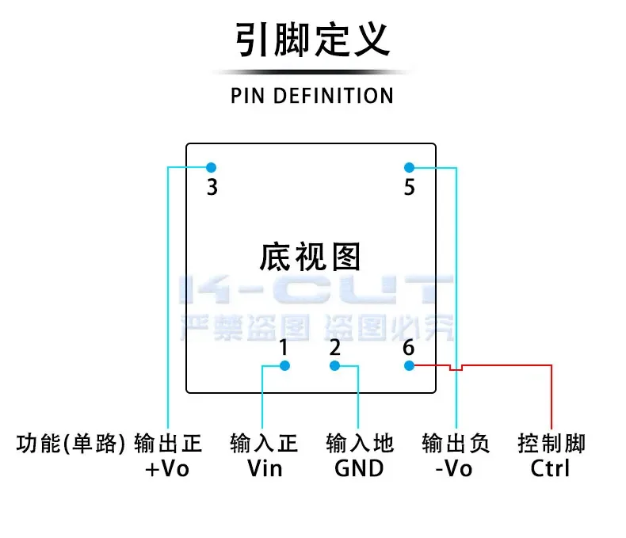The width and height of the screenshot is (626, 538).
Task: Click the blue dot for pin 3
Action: point(211,167)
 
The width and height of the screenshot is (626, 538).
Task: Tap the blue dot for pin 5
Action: point(409,167)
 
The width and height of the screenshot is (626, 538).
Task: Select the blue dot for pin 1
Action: point(285,365)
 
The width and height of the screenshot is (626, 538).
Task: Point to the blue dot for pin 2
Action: point(334,365)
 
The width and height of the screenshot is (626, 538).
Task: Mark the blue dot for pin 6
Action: point(409,365)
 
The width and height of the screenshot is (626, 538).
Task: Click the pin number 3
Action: point(212,189)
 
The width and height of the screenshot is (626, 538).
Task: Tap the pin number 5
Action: point(410,189)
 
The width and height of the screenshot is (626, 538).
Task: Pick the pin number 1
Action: point(284,347)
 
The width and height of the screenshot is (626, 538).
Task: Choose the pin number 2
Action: point(334,347)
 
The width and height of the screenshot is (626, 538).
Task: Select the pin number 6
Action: point(409,347)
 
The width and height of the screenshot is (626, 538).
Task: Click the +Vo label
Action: point(168,468)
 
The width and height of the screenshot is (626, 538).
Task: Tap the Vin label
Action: point(265,468)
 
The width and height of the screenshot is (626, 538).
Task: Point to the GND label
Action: point(359,468)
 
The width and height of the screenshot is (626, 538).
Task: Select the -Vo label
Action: point(454,468)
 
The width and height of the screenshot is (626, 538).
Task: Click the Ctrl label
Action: point(551,468)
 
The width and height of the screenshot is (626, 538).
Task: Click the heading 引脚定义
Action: point(312,40)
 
